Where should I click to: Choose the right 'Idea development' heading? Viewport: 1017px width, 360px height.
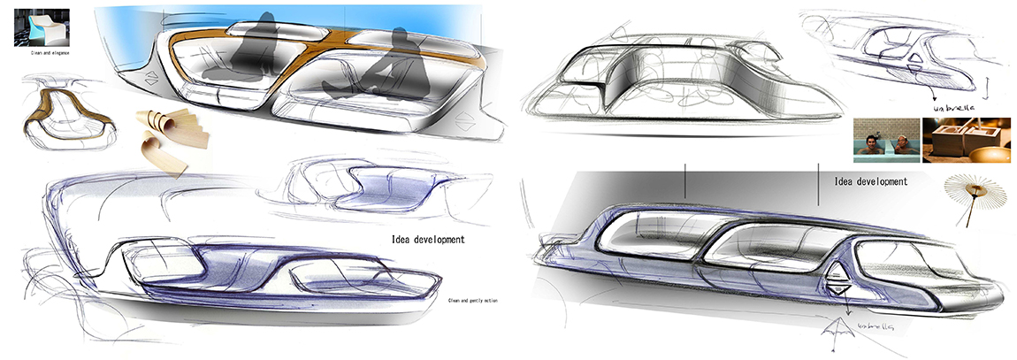click(x=870, y=181)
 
